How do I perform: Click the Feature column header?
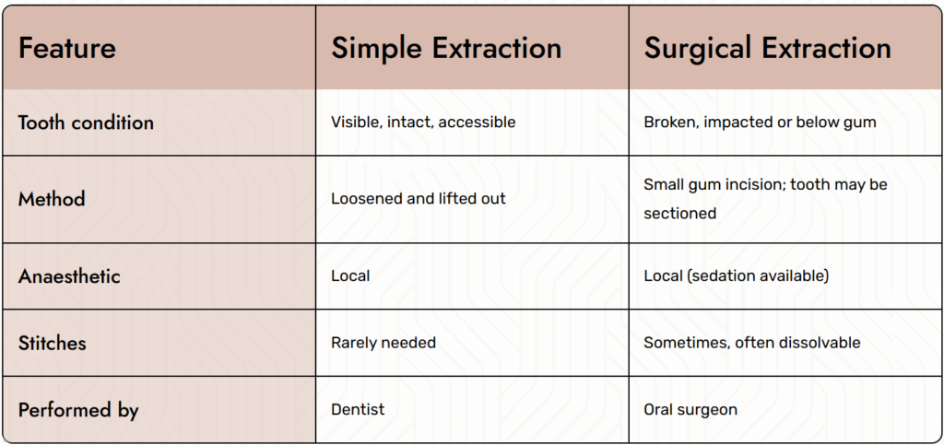tap(66, 48)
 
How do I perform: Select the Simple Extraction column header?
tap(446, 48)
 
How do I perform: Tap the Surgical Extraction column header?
tap(767, 48)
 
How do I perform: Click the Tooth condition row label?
tap(86, 123)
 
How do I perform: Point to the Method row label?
tap(52, 199)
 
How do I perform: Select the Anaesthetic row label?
tap(69, 276)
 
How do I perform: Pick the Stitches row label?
tap(53, 343)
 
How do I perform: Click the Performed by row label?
tap(78, 410)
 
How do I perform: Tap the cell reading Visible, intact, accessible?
tap(423, 122)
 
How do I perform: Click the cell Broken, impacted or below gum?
tap(760, 122)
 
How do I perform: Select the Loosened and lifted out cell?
tap(419, 198)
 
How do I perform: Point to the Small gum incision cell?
tap(765, 198)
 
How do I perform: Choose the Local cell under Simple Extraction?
tap(350, 276)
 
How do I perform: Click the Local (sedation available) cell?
tap(737, 276)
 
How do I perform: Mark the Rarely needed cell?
tap(383, 343)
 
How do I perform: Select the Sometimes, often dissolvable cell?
tap(752, 343)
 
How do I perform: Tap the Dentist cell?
tap(358, 409)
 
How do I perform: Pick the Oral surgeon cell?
tap(690, 410)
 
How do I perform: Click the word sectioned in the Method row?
tap(679, 213)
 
